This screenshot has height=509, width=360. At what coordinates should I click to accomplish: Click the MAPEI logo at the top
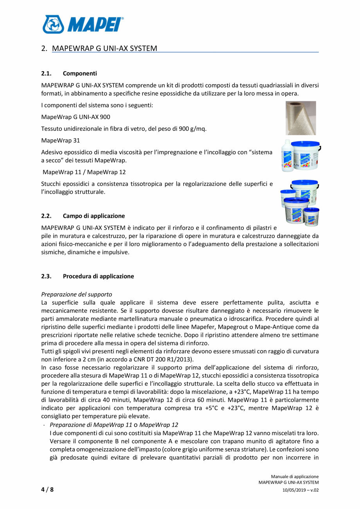click(83, 24)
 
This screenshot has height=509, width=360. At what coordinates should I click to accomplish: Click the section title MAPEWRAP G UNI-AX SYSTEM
click(104, 49)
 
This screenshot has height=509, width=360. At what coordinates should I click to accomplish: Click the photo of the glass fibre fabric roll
click(301, 118)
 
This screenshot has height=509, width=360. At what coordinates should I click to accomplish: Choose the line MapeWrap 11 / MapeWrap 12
click(84, 172)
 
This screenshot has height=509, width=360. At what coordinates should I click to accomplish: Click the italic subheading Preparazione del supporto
click(77, 294)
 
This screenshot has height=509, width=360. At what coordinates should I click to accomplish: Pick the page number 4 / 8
click(47, 489)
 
